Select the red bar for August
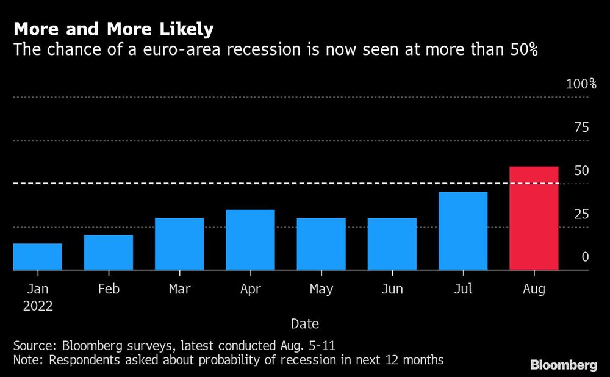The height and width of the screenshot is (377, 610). (x=534, y=218)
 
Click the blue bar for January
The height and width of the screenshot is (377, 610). (x=38, y=257)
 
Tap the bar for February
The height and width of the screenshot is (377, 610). (x=109, y=253)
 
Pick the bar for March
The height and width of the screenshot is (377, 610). (x=179, y=244)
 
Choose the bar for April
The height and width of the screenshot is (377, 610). (x=250, y=240)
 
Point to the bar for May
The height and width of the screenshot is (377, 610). (x=321, y=244)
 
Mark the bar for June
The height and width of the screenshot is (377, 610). (x=392, y=244)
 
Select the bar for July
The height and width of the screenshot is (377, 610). (x=463, y=231)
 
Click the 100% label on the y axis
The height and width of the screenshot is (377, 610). (x=581, y=84)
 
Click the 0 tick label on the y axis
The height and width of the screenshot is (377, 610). (x=585, y=257)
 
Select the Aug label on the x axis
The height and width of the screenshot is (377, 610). (x=534, y=289)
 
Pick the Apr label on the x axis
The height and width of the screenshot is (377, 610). (x=250, y=289)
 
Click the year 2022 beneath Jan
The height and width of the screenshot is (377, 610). (x=37, y=306)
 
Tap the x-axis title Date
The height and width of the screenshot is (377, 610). (x=304, y=323)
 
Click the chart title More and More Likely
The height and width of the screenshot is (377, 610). (x=113, y=29)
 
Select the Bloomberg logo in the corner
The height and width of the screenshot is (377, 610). (x=563, y=365)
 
